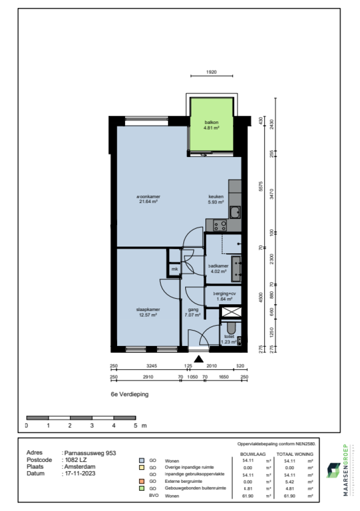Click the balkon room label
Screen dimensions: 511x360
(x=212, y=124)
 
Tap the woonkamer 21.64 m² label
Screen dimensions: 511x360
(x=147, y=199)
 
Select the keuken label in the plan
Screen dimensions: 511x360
(x=216, y=199)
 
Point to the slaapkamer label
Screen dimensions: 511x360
(x=148, y=312)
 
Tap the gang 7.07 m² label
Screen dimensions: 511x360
(x=194, y=312)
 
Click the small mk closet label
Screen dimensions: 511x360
(x=174, y=269)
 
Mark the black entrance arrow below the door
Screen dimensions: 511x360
(x=199, y=359)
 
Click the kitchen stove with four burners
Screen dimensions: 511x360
(x=220, y=225)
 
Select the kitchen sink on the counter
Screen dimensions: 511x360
(x=235, y=213)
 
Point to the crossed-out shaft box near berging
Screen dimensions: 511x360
(x=231, y=312)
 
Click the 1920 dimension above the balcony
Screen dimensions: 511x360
(x=212, y=73)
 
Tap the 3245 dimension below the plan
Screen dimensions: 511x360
(x=150, y=366)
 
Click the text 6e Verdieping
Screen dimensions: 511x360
(x=129, y=395)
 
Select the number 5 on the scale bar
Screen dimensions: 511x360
(x=135, y=426)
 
